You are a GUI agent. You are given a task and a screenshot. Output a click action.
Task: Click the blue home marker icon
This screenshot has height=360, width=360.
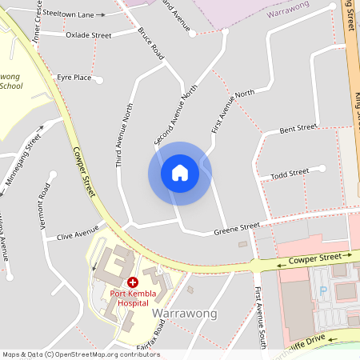pos(179,173)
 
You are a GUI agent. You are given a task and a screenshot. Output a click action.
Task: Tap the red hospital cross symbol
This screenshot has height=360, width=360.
pos(133,282)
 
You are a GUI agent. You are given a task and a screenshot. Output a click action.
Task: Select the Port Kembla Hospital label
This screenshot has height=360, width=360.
pos(133,298)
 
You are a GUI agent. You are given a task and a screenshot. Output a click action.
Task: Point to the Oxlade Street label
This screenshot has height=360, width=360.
pos(88,35)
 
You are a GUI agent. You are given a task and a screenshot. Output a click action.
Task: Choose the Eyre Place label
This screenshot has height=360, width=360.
pos(74,78)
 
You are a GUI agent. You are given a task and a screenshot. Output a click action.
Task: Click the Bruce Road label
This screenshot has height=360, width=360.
pos(150,45)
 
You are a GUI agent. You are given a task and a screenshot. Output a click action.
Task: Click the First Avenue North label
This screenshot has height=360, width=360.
pos(233,110)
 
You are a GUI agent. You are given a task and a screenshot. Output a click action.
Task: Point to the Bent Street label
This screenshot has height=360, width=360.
pos(298,129)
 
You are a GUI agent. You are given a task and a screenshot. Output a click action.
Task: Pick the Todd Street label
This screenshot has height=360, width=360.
pos(290,174)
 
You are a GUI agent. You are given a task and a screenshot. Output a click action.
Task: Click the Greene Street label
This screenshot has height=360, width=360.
pos(237,230)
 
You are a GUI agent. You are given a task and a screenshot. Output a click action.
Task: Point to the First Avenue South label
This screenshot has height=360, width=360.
pos(258,318)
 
